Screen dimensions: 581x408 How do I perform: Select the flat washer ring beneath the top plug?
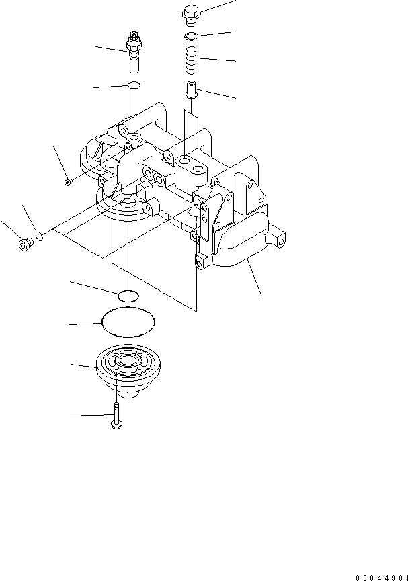(190, 35)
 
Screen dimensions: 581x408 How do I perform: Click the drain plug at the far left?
(26, 245)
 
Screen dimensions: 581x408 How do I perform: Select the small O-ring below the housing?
(128, 295)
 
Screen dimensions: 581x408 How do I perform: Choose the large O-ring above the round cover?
(128, 323)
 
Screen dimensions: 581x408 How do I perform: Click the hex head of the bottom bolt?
(116, 425)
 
